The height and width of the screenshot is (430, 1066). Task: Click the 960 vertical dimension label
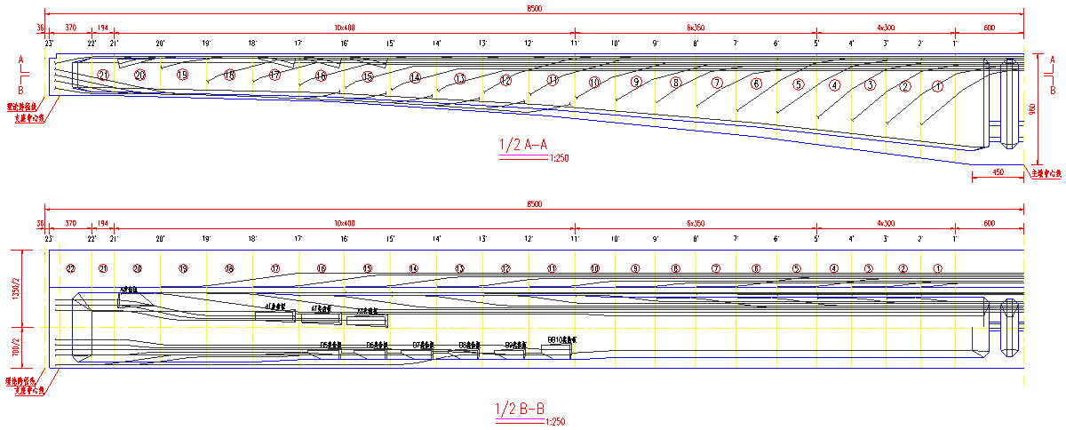click(x=1032, y=109)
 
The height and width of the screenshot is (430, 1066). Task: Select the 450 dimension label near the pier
click(x=998, y=171)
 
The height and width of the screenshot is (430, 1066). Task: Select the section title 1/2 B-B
click(x=520, y=409)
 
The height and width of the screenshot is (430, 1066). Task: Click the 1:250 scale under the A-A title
click(x=559, y=158)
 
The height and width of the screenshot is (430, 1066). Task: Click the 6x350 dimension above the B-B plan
click(x=696, y=223)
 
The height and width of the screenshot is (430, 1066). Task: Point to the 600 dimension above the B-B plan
click(x=989, y=223)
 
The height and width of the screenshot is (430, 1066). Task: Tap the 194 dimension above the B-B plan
click(x=102, y=223)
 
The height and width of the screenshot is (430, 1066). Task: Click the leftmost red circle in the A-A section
click(x=103, y=75)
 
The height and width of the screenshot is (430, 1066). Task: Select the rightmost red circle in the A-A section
click(x=938, y=86)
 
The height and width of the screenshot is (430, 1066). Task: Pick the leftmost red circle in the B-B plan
click(x=71, y=268)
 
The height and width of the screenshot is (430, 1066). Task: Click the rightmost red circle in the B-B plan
click(x=938, y=268)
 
